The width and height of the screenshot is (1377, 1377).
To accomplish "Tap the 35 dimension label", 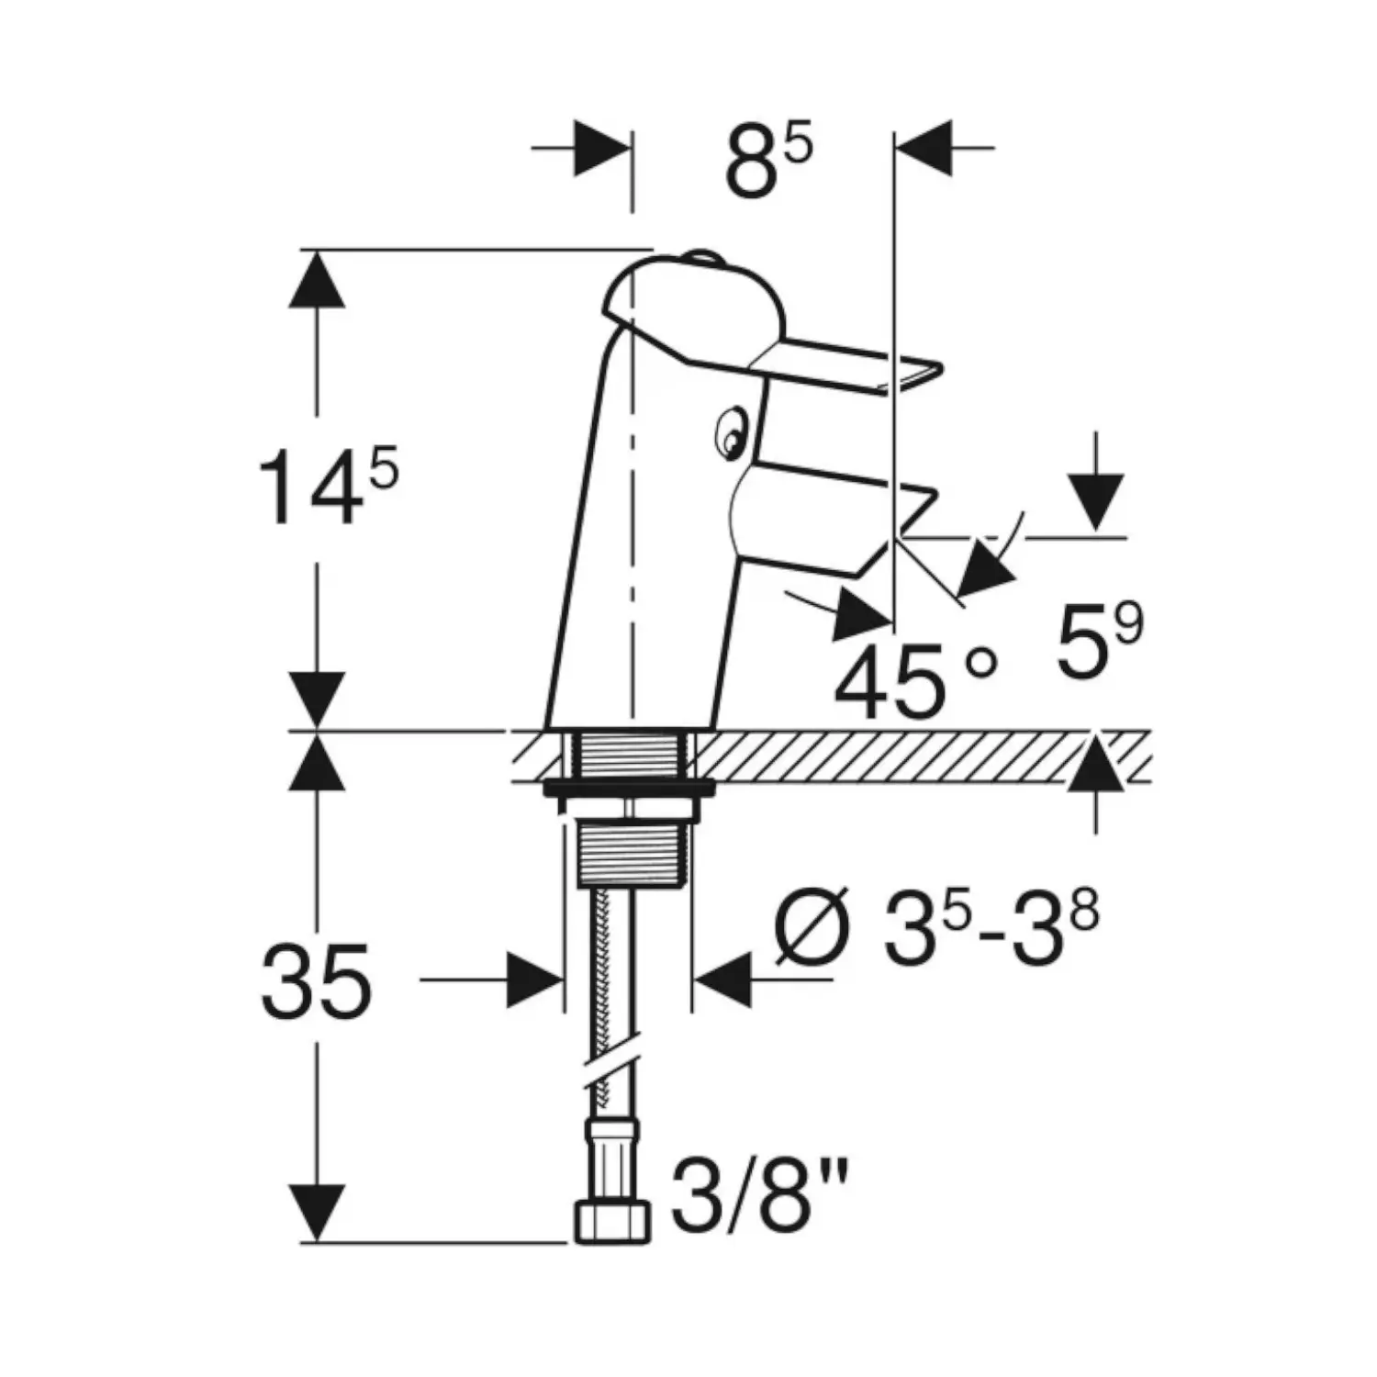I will click(x=317, y=982).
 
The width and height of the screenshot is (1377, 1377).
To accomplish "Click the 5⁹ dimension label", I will click(x=1098, y=642).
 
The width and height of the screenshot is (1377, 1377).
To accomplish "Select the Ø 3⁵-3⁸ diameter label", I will click(x=936, y=929).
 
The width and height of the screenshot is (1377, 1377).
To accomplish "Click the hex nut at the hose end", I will click(x=612, y=1221).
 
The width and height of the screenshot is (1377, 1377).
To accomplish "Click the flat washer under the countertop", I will click(x=628, y=787).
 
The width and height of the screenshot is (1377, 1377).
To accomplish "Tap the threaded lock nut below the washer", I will click(x=628, y=854).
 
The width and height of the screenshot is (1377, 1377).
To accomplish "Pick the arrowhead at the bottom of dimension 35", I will click(x=317, y=1212).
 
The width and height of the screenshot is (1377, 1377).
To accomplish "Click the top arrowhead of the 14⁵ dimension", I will click(x=317, y=280).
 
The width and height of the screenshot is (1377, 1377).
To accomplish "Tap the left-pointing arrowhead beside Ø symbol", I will click(x=723, y=980).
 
